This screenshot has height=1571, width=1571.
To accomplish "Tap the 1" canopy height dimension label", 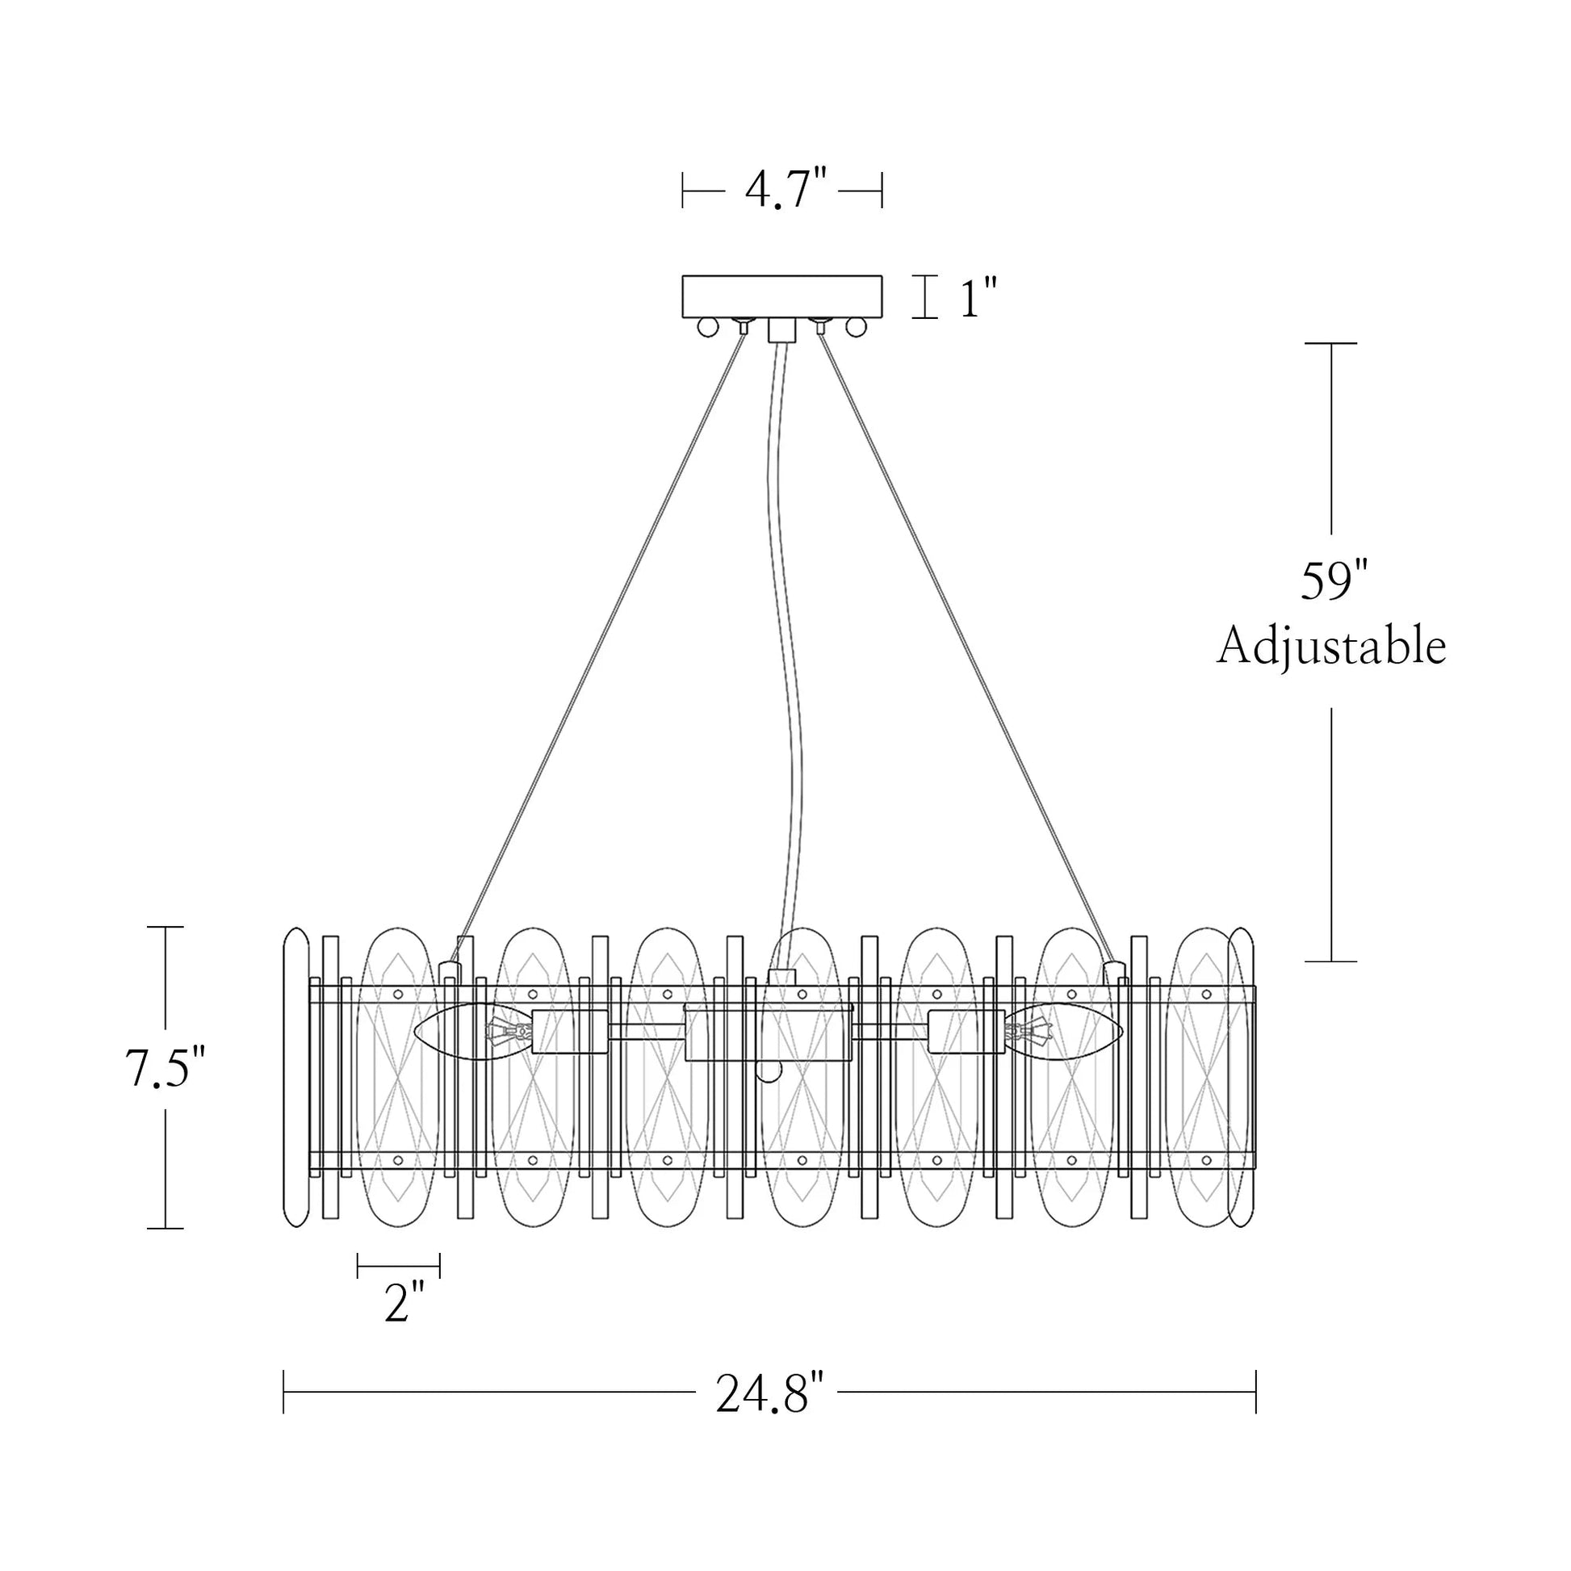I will point(978,300).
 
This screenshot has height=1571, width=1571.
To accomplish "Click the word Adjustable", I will point(1331,647).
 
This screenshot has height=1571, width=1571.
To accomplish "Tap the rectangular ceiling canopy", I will point(781,297).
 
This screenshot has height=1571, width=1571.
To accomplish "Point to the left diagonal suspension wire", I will point(601,643).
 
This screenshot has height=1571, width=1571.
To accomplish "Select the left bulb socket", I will point(569,1032).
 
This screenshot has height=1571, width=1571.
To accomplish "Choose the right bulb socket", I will point(968,1032).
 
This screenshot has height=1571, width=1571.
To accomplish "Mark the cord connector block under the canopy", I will point(781,330).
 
